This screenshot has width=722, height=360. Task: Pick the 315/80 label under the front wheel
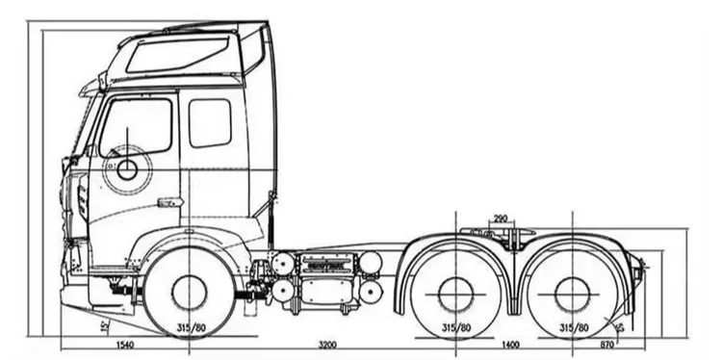coord(191,328)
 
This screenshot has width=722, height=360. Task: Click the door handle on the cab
coord(169,202)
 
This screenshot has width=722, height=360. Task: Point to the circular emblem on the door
coord(127,170)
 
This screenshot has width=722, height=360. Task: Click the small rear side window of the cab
coord(210,122)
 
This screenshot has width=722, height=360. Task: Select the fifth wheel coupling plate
coord(498,234)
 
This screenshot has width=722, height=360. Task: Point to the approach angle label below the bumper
coord(104,325)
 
